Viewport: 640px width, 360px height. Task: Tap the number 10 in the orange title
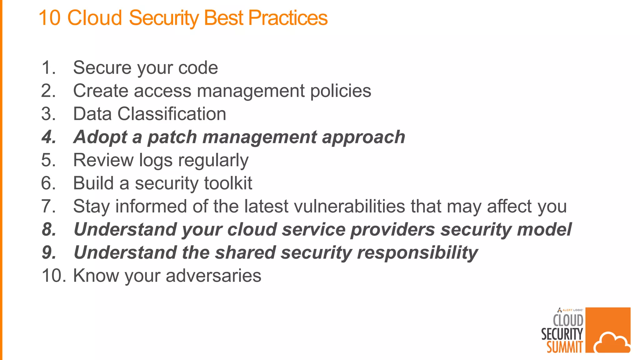coord(49,18)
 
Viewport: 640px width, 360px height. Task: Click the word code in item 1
coord(198,67)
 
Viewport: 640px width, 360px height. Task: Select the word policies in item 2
coord(341,91)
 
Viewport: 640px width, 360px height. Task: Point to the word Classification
coord(172,114)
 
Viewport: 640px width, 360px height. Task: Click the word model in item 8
coord(544,229)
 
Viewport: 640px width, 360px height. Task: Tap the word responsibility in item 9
coord(417,252)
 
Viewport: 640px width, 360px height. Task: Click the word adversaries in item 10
coord(213,276)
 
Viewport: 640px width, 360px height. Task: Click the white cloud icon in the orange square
coord(612,343)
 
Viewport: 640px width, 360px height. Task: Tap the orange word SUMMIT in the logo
coord(564,347)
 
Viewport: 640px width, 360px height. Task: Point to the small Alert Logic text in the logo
coord(572,310)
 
